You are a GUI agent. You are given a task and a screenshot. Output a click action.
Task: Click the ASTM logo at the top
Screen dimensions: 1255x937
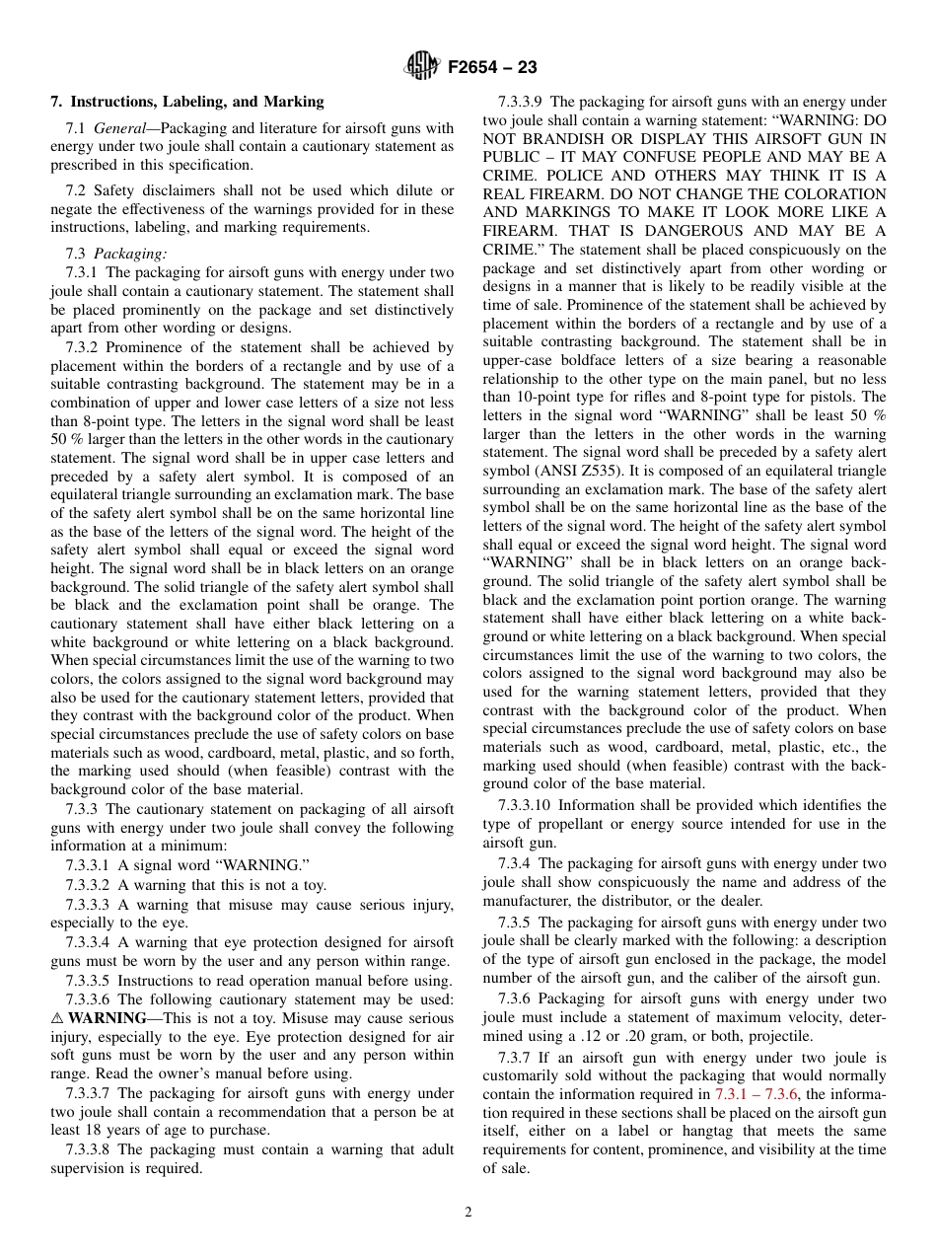tap(421, 67)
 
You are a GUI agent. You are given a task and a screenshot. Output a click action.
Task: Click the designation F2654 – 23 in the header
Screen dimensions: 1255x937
tap(492, 68)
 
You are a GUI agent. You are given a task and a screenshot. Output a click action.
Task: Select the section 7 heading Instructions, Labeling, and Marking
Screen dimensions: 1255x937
tap(187, 102)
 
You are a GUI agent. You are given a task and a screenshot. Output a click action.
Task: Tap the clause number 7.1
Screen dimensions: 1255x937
tap(76, 128)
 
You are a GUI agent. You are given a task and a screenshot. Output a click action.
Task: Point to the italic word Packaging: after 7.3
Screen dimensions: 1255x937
tap(131, 254)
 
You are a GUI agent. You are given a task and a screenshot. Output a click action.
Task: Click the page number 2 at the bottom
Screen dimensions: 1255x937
tap(468, 1213)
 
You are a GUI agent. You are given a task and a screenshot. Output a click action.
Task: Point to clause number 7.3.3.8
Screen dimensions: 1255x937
tap(90, 1149)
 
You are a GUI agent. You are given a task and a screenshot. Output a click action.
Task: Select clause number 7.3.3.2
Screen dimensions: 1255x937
tap(90, 885)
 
